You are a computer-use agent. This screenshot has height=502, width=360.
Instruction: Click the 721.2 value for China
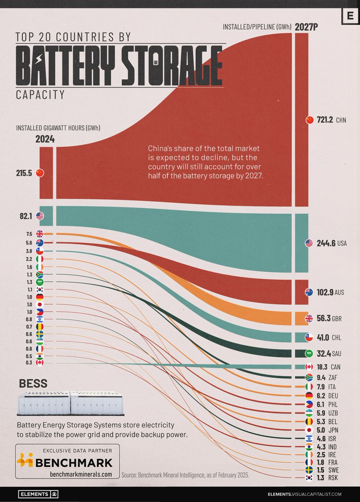(x=325, y=120)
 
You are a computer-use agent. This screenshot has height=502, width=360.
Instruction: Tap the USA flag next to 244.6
(x=309, y=243)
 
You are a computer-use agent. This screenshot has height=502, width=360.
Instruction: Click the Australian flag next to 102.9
(x=309, y=292)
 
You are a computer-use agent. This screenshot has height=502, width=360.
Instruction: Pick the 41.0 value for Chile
(x=325, y=337)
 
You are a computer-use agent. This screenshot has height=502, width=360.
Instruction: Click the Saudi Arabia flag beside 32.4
(x=309, y=353)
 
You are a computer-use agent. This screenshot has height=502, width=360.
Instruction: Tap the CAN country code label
(x=337, y=367)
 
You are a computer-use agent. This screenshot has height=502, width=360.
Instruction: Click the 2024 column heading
(x=45, y=139)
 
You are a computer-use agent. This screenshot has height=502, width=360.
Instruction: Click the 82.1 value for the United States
(x=25, y=216)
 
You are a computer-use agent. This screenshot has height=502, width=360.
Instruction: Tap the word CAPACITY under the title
(x=40, y=95)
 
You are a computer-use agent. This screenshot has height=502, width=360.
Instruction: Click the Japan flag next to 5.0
(x=309, y=430)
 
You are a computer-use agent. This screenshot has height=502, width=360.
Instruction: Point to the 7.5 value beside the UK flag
(x=29, y=234)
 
